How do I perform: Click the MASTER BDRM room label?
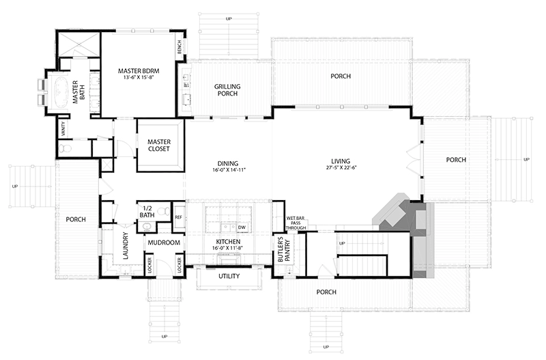(139, 70)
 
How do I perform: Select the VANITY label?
(63, 129)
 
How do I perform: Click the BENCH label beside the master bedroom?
(179, 47)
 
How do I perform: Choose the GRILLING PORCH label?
(226, 90)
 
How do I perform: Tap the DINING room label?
(227, 163)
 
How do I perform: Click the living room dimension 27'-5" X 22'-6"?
(346, 170)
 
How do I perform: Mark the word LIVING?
(346, 163)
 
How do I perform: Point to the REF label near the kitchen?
(178, 217)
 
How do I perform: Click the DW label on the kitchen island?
(242, 227)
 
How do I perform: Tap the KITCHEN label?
(228, 243)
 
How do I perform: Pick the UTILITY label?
(228, 277)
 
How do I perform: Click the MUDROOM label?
(162, 243)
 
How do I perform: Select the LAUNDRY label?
(126, 245)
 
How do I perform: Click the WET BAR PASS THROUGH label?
(295, 221)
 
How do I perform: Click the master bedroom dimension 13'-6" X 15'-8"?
(139, 77)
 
